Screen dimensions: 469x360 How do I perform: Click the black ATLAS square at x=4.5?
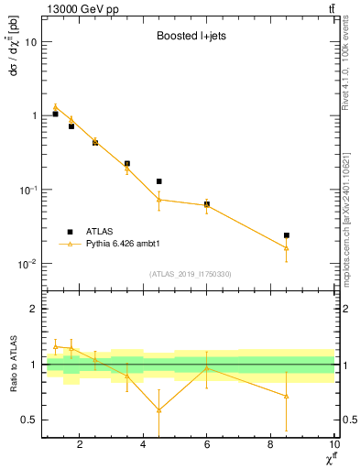coord(159,181)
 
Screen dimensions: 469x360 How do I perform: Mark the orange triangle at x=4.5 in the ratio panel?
coord(159,409)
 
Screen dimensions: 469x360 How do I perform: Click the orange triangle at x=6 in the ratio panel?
coord(207,367)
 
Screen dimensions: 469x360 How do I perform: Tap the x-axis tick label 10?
coord(333,446)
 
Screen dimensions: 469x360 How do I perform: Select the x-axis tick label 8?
coord(270,446)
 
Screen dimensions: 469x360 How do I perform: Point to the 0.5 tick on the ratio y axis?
coord(31,420)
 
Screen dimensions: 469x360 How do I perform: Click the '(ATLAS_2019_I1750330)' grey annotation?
coord(191,274)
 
